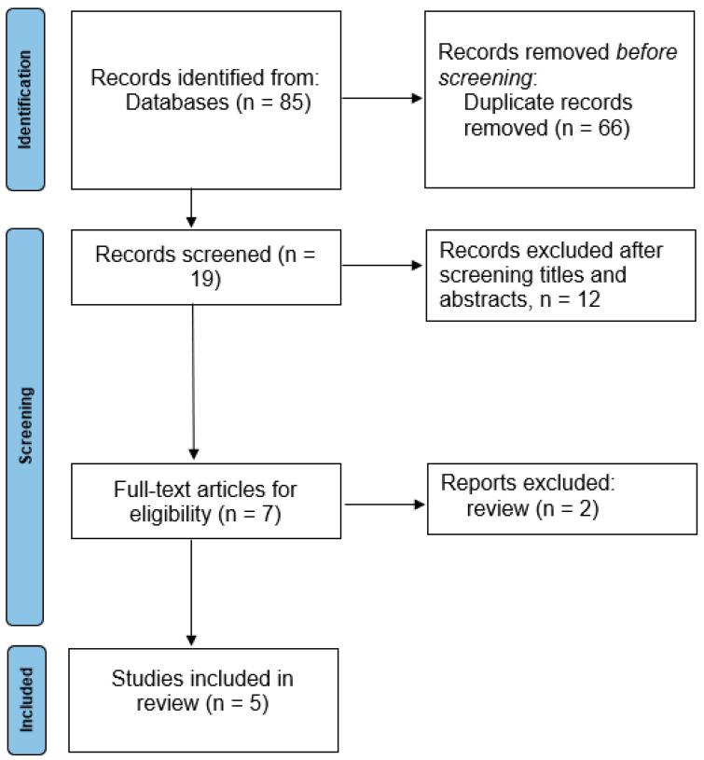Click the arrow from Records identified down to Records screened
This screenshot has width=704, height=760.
pyautogui.click(x=191, y=206)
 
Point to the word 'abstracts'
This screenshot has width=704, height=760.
pyautogui.click(x=480, y=300)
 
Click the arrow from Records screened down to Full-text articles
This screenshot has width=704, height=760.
pyautogui.click(x=191, y=382)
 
